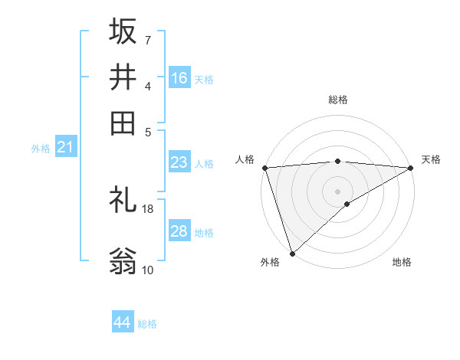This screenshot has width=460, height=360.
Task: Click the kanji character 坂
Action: (123, 32)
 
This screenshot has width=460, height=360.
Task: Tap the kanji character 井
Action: (123, 77)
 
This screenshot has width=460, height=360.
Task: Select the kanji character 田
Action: (123, 123)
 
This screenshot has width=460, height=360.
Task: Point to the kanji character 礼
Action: (123, 200)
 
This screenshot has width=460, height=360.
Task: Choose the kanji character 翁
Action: (123, 261)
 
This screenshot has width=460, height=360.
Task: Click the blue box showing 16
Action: (179, 77)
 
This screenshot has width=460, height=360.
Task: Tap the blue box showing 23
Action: (179, 162)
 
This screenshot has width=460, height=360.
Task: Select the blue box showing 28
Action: (179, 231)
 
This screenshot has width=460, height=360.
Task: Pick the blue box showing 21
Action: (65, 147)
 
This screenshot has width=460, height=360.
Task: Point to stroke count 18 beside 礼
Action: (148, 208)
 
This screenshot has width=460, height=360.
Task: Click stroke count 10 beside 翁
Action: (148, 270)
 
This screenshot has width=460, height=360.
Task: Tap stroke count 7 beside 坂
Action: (148, 40)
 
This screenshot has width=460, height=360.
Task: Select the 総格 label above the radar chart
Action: (338, 100)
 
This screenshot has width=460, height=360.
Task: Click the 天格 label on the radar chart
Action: (431, 159)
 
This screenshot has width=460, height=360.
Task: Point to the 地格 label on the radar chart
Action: (402, 262)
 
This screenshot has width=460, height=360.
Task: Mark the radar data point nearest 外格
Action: (292, 253)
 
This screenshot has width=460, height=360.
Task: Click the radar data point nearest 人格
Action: (264, 168)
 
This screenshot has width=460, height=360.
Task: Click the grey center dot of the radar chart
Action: (338, 191)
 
